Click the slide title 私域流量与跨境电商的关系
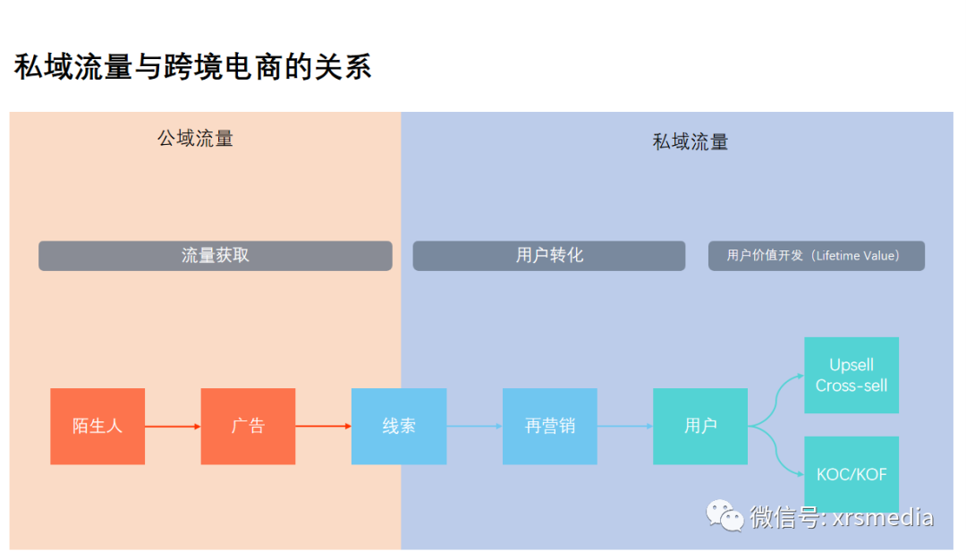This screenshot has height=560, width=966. point(192,67)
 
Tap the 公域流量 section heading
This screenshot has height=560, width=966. point(195,138)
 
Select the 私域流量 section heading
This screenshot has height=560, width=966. point(691,141)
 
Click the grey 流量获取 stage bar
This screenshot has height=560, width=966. point(215,256)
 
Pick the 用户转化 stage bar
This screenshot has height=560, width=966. point(548,256)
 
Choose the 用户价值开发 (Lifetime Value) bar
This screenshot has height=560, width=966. point(816,256)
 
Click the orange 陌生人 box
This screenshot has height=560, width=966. point(97,426)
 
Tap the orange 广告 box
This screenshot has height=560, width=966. point(248,426)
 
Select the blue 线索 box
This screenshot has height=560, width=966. point(399,426)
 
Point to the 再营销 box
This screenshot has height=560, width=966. point(549,426)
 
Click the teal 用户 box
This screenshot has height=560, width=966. point(700,426)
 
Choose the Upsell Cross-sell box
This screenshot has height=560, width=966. point(852,375)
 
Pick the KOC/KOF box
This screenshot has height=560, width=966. point(852,474)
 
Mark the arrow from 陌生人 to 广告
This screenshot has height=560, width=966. point(173,427)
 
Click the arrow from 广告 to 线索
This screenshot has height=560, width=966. point(323,427)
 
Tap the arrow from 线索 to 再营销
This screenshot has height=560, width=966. point(474,427)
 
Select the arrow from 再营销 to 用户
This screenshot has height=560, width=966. point(624,427)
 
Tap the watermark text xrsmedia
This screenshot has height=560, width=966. point(882,518)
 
